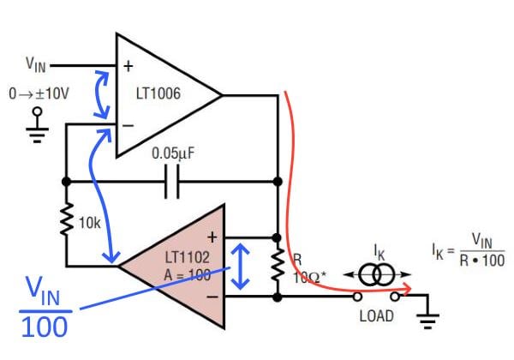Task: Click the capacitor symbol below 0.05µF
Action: click(172, 182)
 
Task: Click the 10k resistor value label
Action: click(90, 223)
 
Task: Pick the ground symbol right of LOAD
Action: click(426, 318)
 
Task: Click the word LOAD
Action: click(376, 316)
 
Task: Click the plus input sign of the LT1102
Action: click(213, 235)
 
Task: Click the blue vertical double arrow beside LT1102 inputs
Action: click(243, 266)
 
